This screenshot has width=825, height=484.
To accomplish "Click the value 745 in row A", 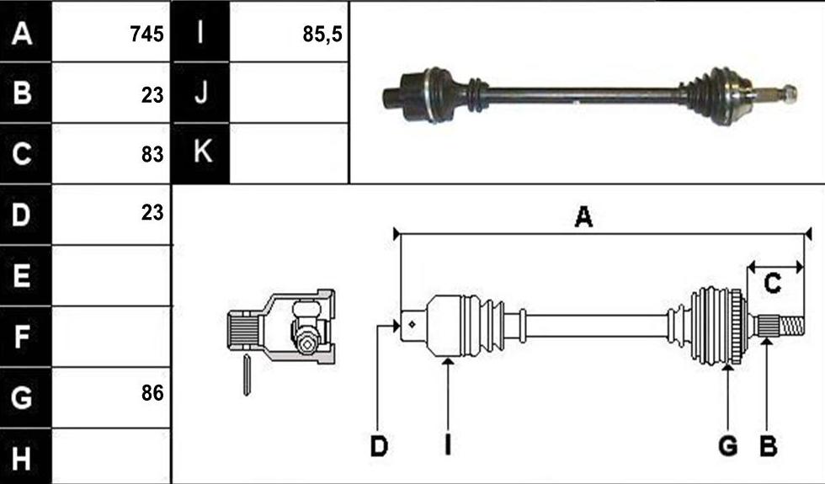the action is [146, 35].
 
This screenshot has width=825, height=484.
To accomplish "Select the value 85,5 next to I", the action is [322, 35].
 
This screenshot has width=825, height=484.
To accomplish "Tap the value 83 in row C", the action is [152, 154].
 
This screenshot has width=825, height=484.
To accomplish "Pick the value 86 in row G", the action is [152, 393].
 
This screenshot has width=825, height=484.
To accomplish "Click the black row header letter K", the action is [203, 152].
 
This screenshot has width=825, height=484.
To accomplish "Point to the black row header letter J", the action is [201, 92].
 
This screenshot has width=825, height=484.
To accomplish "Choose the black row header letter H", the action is [21, 458].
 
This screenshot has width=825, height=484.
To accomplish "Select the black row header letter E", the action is [21, 275].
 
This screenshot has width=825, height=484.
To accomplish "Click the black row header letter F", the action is [21, 337].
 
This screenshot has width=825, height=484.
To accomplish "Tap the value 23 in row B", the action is [152, 95].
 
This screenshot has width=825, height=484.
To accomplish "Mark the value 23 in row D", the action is [152, 212].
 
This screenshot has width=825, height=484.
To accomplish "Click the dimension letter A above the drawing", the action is [583, 217].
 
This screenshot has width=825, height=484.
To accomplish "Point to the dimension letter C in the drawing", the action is [772, 285].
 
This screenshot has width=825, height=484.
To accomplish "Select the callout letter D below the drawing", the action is [379, 447].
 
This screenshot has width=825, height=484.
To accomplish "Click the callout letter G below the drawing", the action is [727, 446].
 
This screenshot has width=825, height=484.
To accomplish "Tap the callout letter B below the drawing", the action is [768, 446].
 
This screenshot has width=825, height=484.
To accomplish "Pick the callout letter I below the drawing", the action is [447, 446].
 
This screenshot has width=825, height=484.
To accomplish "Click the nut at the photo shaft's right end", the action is [790, 93].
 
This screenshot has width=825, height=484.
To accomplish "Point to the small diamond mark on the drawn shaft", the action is [412, 325].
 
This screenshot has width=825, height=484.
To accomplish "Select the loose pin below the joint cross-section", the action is [246, 375].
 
